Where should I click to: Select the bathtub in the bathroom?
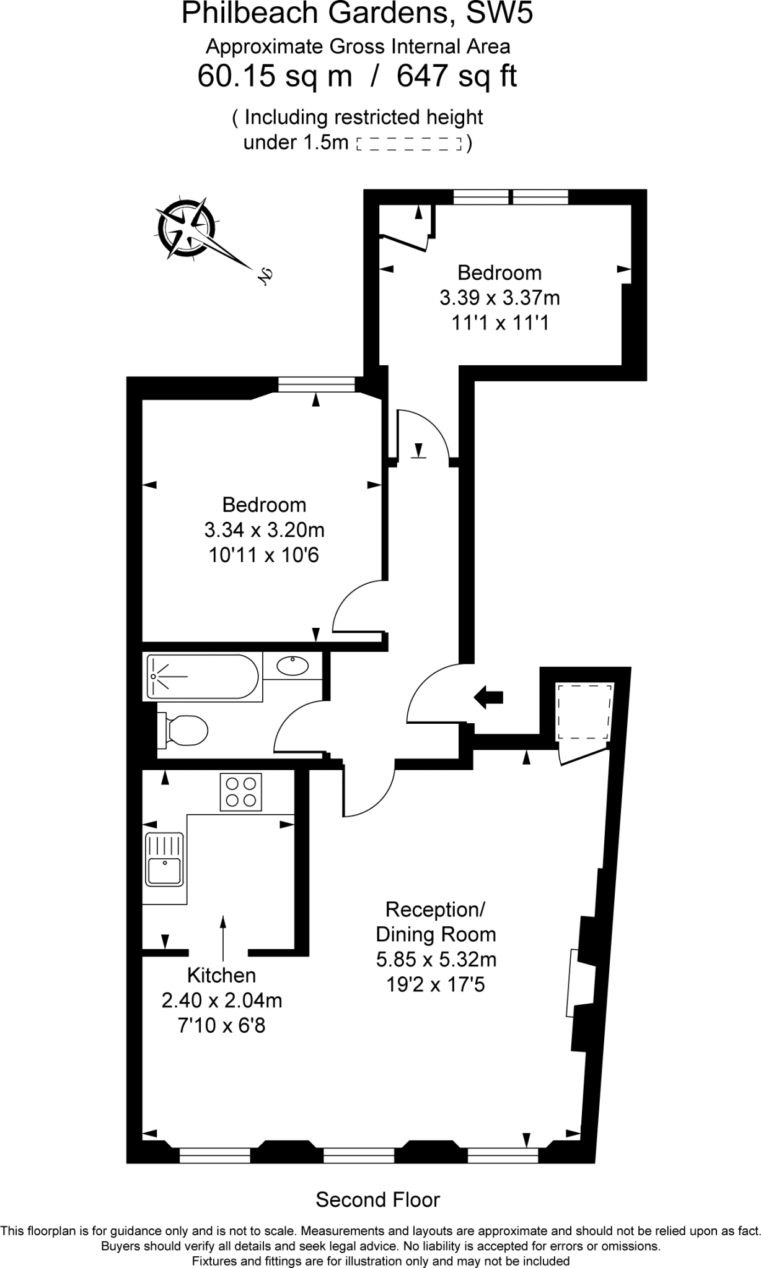tap(201, 677)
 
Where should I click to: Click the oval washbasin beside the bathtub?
tap(293, 666)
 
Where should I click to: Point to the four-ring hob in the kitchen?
tap(241, 792)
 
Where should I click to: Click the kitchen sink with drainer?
tap(164, 860)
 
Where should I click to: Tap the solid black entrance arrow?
tap(488, 697)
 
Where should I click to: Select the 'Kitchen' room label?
tap(221, 975)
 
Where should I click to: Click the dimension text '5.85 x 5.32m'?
tap(436, 959)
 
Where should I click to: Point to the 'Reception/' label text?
tap(435, 909)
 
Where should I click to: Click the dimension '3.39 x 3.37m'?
tap(499, 298)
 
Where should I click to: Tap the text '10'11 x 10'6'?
tap(264, 555)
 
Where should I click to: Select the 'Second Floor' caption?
tap(377, 1199)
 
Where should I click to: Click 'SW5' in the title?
tap(499, 14)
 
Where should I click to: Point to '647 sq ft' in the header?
tap(456, 76)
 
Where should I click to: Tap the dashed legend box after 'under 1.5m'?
tap(410, 144)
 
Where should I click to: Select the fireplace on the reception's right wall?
tap(573, 983)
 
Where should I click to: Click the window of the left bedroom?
tap(315, 385)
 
